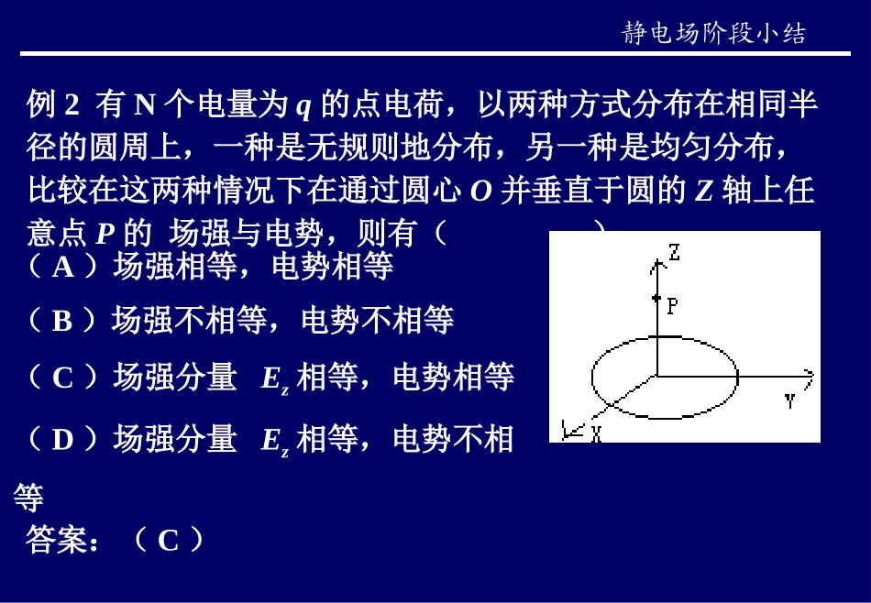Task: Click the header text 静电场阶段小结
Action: (x=714, y=34)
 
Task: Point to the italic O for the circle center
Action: (x=481, y=192)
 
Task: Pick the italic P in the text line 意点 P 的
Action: (x=105, y=235)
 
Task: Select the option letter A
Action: (x=63, y=267)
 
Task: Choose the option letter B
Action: (x=62, y=321)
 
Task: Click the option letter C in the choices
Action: (x=63, y=378)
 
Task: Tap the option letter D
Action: (x=62, y=441)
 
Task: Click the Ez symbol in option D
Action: (x=275, y=443)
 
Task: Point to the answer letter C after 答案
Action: (x=168, y=541)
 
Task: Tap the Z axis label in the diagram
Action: (x=674, y=252)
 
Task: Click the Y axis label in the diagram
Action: (x=789, y=400)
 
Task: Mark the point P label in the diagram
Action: (x=672, y=306)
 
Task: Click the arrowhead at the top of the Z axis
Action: (x=656, y=264)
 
